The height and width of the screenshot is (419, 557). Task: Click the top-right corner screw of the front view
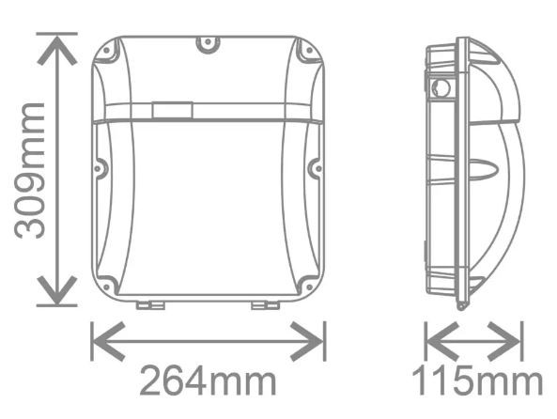pyautogui.click(x=302, y=54)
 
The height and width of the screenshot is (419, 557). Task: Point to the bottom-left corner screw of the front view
pyautogui.click(x=109, y=283)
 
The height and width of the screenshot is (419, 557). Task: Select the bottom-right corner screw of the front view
pyautogui.click(x=305, y=283)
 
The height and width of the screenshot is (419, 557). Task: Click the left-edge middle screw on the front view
pyautogui.click(x=100, y=170)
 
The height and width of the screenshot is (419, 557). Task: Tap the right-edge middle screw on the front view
pyautogui.click(x=315, y=170)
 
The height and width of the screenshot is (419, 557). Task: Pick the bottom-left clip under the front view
pyautogui.click(x=147, y=304)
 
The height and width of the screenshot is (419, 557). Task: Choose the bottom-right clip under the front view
pyautogui.click(x=263, y=304)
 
